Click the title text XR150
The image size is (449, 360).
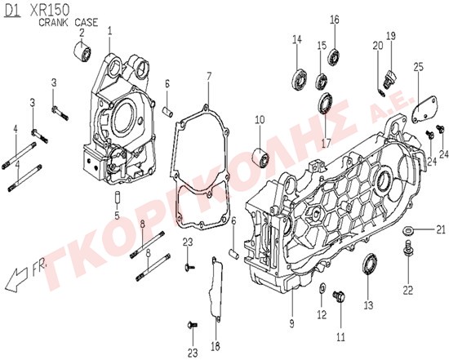click(x=50, y=11)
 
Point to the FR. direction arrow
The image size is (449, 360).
click(x=17, y=279)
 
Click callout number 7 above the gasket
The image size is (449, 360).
click(x=209, y=77)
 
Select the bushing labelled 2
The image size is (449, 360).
click(x=82, y=51)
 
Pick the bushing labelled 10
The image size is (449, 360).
click(x=260, y=158)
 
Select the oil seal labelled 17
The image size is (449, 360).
click(x=326, y=103)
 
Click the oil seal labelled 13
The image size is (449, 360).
click(x=370, y=263)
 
